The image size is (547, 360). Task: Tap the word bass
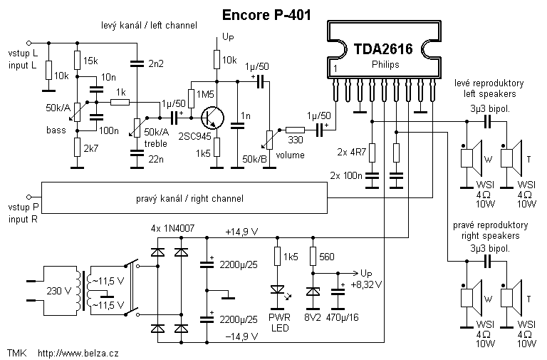tap(56, 130)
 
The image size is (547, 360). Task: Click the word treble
tap(155, 143)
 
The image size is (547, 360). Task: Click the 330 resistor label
tap(294, 141)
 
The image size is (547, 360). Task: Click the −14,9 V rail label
tap(241, 334)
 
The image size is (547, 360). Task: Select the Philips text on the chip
tap(385, 65)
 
